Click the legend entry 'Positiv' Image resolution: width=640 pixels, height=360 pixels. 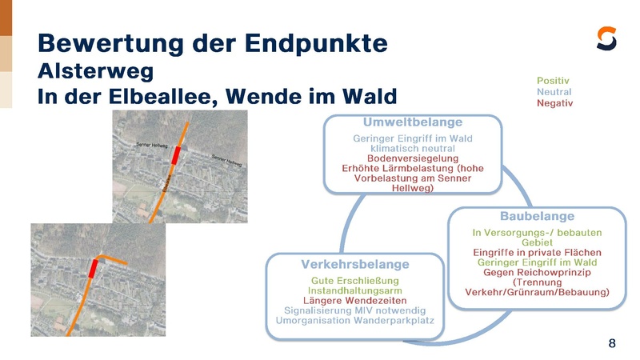[553, 81]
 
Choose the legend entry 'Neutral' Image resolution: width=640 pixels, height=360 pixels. [554, 92]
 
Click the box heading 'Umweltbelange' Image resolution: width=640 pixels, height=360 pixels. [412, 123]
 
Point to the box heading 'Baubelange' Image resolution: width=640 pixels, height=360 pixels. [537, 217]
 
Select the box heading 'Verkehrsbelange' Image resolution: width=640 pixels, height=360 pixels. [354, 264]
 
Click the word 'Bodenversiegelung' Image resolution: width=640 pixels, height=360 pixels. [412, 158]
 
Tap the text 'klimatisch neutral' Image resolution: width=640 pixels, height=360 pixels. [412, 148]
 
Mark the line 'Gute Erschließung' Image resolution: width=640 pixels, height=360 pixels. [354, 281]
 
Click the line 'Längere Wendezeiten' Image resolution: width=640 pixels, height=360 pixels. [354, 300]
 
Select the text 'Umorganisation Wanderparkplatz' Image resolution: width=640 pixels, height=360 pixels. [354, 320]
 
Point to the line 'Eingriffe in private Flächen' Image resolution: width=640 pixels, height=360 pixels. [537, 252]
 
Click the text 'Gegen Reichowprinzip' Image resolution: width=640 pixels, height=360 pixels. [537, 272]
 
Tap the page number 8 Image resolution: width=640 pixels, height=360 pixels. [612, 344]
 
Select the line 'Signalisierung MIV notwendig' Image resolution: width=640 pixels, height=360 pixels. [354, 310]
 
